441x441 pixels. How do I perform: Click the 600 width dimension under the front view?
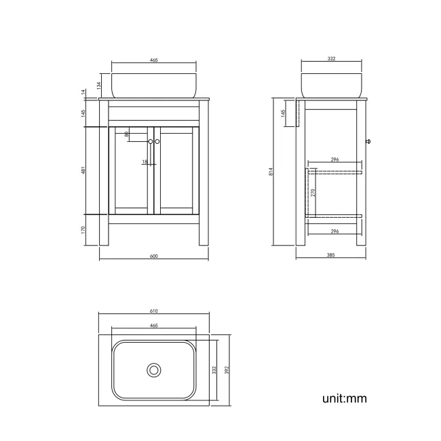click(x=153, y=256)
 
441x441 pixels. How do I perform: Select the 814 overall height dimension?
click(x=271, y=172)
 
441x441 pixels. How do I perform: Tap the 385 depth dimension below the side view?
click(x=331, y=256)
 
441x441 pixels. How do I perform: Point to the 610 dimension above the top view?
click(x=153, y=311)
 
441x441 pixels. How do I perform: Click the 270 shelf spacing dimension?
click(x=313, y=193)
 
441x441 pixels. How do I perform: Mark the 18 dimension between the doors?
click(x=145, y=161)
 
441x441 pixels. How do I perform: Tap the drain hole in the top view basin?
click(x=154, y=370)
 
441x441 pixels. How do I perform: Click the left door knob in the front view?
click(x=150, y=141)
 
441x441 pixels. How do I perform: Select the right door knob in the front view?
click(x=157, y=141)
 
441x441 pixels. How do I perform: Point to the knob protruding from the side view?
click(x=367, y=141)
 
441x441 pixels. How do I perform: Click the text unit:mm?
click(x=344, y=398)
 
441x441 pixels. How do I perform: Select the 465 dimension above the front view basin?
click(x=153, y=60)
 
